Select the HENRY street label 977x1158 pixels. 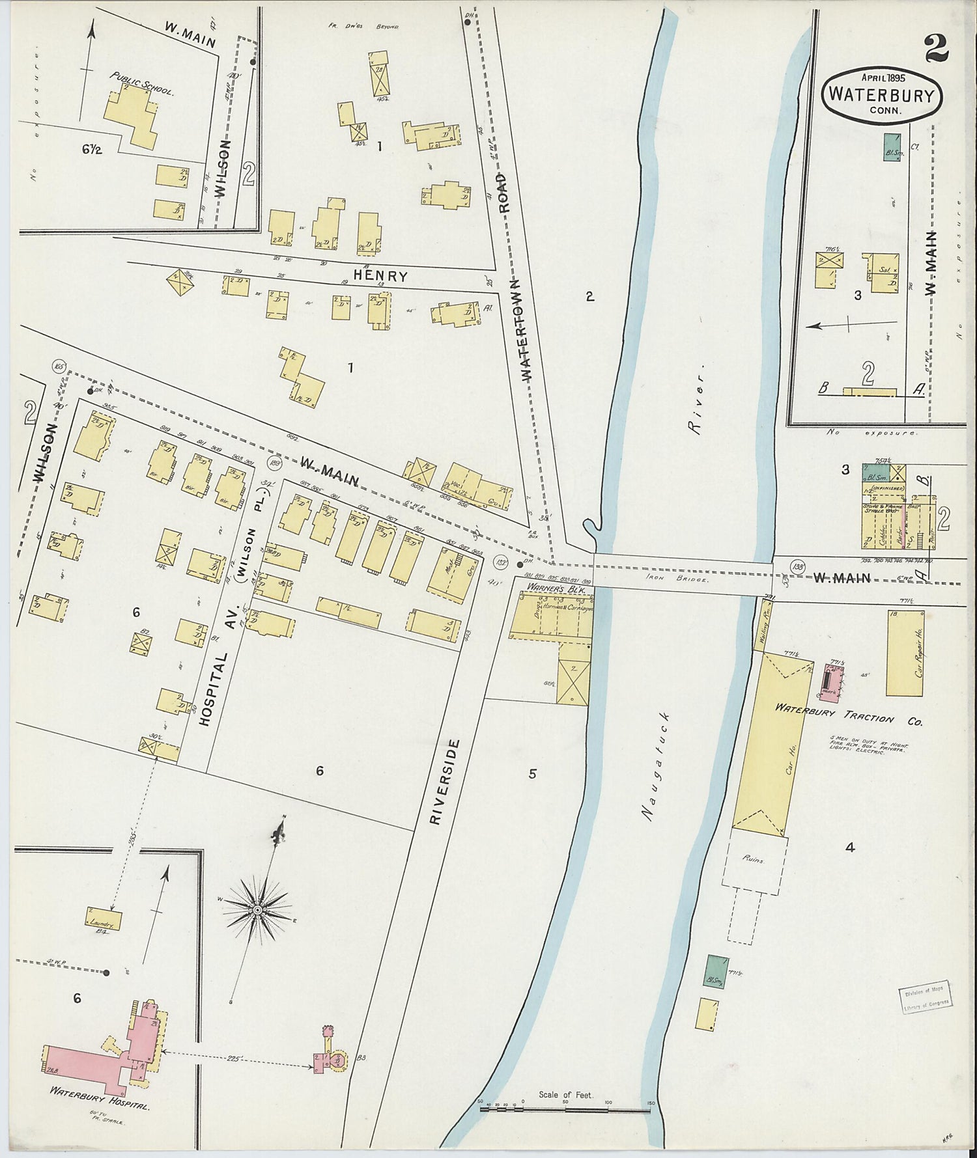click(380, 276)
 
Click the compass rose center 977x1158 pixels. click(258, 909)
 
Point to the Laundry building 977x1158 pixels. click(104, 918)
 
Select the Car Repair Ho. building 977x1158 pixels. click(905, 653)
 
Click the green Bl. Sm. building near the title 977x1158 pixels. click(891, 148)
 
